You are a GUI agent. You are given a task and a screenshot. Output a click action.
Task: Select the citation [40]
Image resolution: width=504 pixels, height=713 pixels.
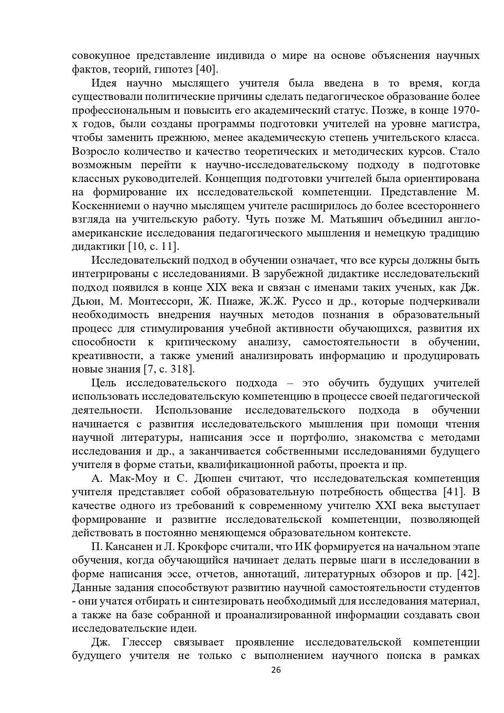pos(207,69)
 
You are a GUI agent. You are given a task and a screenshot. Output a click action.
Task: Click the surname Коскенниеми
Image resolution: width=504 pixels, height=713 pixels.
pos(102,206)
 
